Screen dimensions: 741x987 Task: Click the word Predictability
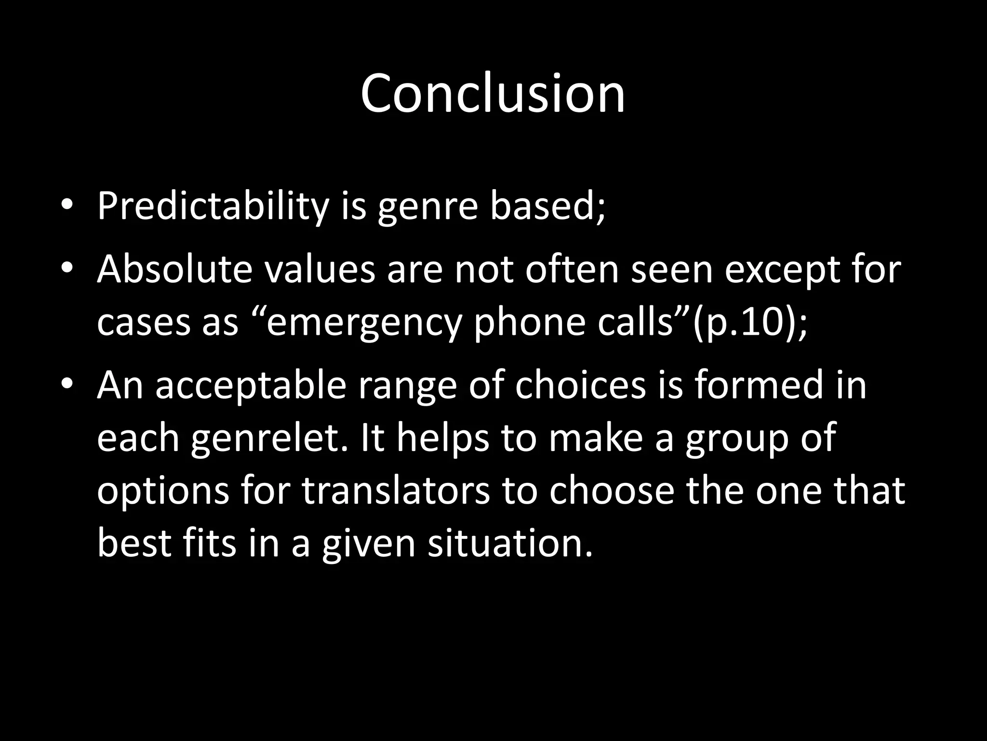(x=212, y=206)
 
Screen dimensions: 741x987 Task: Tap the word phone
(x=530, y=323)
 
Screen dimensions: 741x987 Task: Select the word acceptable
(x=251, y=386)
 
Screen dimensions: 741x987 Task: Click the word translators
(x=396, y=491)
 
